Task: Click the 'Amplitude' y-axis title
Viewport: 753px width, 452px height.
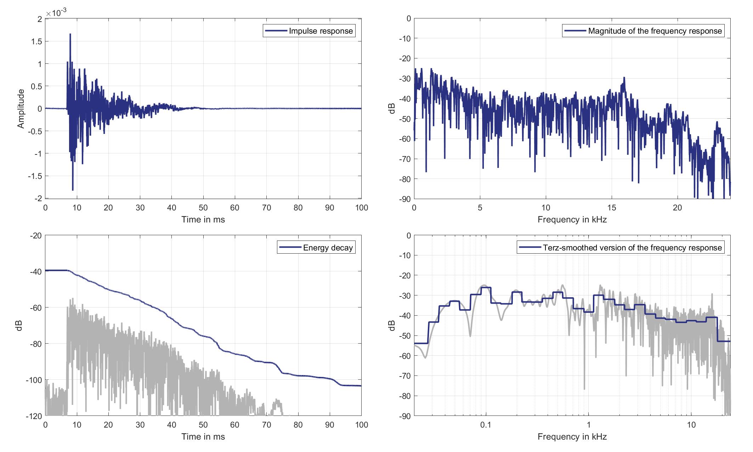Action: coord(21,108)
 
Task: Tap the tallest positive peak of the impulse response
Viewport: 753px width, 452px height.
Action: coord(70,34)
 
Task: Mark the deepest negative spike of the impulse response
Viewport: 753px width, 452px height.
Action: coord(73,190)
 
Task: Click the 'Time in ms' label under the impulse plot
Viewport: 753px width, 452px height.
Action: coord(203,220)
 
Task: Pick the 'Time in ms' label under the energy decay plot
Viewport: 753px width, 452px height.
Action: coord(203,437)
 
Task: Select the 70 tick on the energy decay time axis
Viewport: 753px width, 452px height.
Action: coord(266,425)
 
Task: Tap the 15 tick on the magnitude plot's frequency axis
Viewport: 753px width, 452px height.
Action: coord(611,208)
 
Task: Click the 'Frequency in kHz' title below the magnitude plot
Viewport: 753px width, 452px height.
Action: coord(572,220)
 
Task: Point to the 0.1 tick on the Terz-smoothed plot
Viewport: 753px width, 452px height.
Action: coord(486,425)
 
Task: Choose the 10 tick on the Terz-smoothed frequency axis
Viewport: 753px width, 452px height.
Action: coord(691,425)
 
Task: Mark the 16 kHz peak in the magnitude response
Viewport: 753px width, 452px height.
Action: coord(624,78)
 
